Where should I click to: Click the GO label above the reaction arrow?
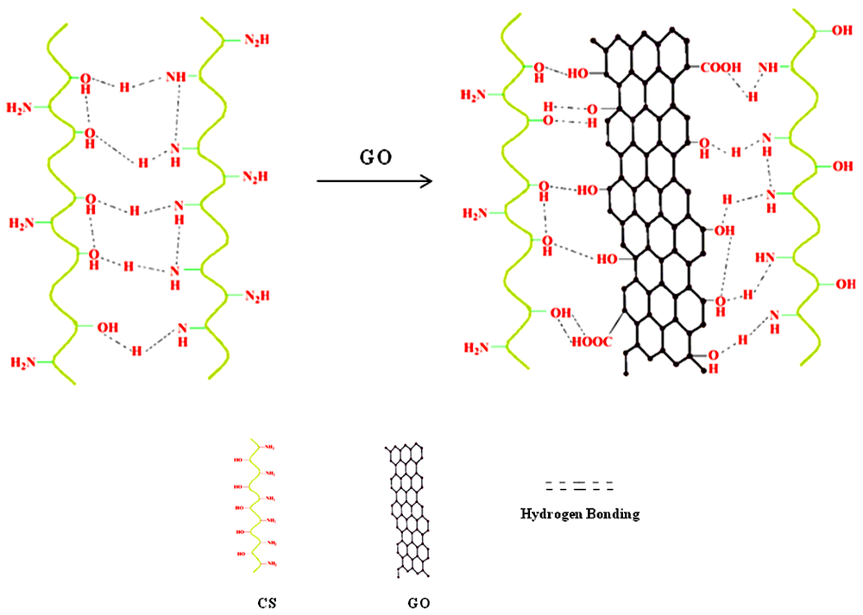[x=373, y=158]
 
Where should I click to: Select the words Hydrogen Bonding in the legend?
[x=580, y=514]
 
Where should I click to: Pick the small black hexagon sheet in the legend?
[x=409, y=510]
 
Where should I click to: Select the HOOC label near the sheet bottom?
[x=591, y=342]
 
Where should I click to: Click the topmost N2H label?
[x=256, y=40]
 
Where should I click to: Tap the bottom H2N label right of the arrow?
[x=477, y=348]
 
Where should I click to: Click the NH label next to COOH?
[x=768, y=66]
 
